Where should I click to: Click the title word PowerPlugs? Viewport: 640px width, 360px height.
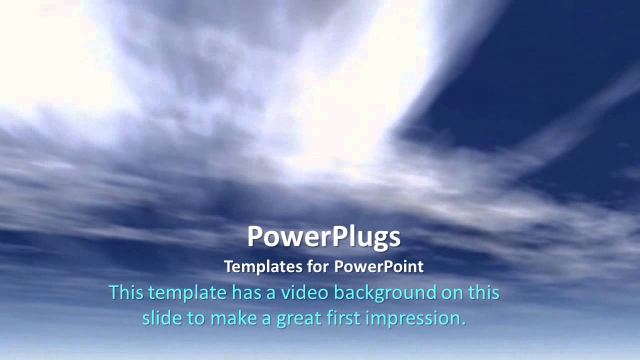click(324, 237)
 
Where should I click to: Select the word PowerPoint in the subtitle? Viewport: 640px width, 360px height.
click(378, 266)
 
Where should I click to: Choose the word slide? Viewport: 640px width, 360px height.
click(159, 318)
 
